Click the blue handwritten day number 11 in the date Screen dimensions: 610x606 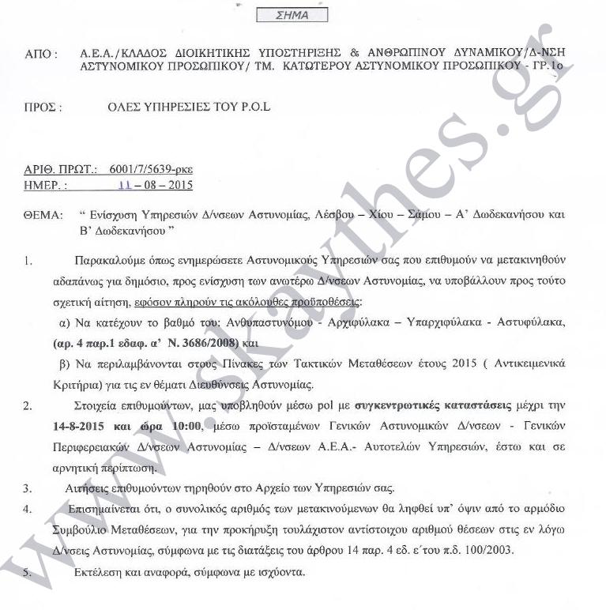[x=124, y=186]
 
